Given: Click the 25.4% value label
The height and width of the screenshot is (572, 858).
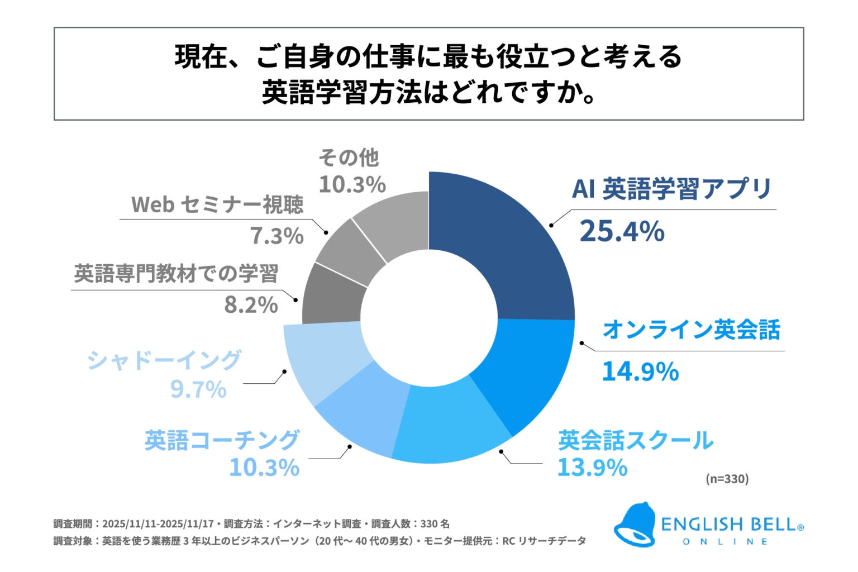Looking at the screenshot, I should click(622, 231).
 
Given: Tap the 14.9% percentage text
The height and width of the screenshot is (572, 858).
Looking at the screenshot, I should click(640, 371).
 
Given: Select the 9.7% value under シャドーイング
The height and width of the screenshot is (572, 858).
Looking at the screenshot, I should click(198, 389).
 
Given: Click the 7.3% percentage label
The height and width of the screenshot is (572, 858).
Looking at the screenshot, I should click(277, 236).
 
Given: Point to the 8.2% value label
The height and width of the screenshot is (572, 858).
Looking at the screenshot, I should click(251, 305).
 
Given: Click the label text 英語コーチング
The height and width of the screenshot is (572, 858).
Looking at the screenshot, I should click(222, 440).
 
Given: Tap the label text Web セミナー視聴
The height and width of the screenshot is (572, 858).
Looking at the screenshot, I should click(217, 204).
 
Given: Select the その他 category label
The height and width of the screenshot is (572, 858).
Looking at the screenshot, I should click(349, 158).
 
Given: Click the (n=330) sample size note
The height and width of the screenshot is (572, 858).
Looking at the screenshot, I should click(727, 479).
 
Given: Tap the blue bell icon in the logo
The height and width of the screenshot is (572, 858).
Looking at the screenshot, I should click(636, 525).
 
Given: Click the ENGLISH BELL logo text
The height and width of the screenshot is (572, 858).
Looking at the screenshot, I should click(732, 525).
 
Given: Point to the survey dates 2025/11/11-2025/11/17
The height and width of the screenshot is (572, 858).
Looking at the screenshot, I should click(158, 524).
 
